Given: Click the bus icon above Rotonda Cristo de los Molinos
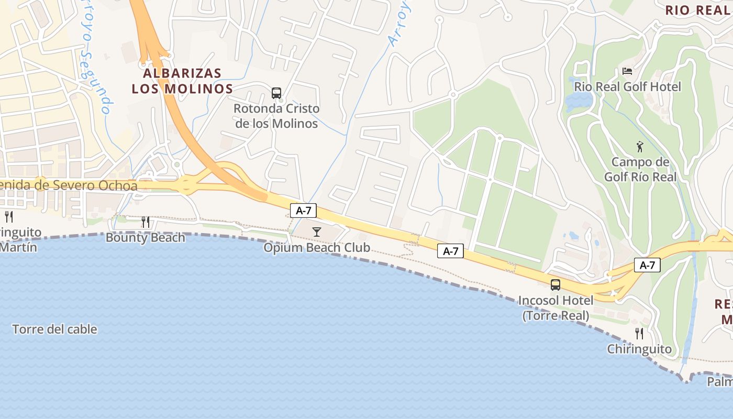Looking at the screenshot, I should pyautogui.click(x=276, y=93).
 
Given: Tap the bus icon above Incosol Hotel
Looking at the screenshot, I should pyautogui.click(x=556, y=285).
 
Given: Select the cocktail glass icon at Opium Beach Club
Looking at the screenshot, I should pyautogui.click(x=316, y=231).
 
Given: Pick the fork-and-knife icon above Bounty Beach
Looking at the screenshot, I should pyautogui.click(x=146, y=222).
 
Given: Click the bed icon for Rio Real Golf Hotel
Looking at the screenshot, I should pyautogui.click(x=627, y=71).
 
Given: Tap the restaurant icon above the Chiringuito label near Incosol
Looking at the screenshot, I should pyautogui.click(x=639, y=333).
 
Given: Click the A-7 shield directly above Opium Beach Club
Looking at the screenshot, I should pyautogui.click(x=303, y=211).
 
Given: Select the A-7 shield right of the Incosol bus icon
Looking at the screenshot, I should pyautogui.click(x=647, y=265).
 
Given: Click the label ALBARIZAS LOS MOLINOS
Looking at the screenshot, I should pyautogui.click(x=182, y=81).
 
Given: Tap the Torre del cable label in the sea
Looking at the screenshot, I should pyautogui.click(x=54, y=329).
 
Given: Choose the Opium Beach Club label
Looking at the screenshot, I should pyautogui.click(x=317, y=248).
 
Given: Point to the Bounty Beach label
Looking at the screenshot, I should pyautogui.click(x=146, y=238).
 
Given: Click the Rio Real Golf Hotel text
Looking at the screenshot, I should pyautogui.click(x=628, y=86).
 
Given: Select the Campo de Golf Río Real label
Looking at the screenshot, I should pyautogui.click(x=640, y=169).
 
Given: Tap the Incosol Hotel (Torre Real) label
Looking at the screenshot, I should pyautogui.click(x=556, y=308).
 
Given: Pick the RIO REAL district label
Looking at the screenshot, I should pyautogui.click(x=697, y=10).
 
